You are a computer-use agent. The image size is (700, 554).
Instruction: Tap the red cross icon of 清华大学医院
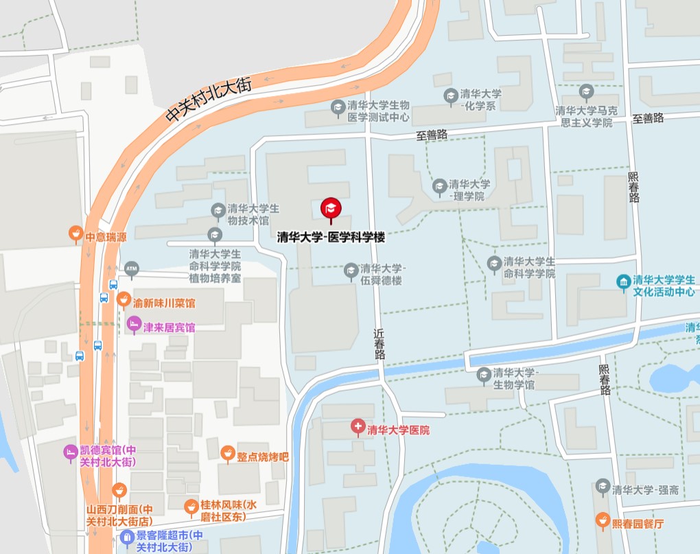[358, 428]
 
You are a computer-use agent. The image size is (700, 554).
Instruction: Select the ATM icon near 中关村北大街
[131, 266]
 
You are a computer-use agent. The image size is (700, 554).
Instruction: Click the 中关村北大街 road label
[209, 100]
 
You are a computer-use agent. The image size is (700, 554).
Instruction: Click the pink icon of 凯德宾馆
[69, 452]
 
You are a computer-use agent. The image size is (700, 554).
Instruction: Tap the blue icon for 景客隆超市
[126, 536]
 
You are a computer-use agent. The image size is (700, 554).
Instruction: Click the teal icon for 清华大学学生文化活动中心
[623, 282]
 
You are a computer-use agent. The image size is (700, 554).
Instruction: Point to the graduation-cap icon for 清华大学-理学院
[439, 185]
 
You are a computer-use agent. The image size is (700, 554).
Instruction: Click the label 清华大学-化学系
[480, 100]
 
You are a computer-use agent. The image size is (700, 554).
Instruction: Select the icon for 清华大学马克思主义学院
[586, 91]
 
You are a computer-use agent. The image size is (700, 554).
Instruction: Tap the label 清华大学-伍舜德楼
[383, 274]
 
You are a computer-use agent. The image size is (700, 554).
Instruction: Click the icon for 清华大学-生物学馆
[484, 374]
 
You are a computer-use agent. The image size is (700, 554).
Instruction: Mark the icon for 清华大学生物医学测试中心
[337, 107]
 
